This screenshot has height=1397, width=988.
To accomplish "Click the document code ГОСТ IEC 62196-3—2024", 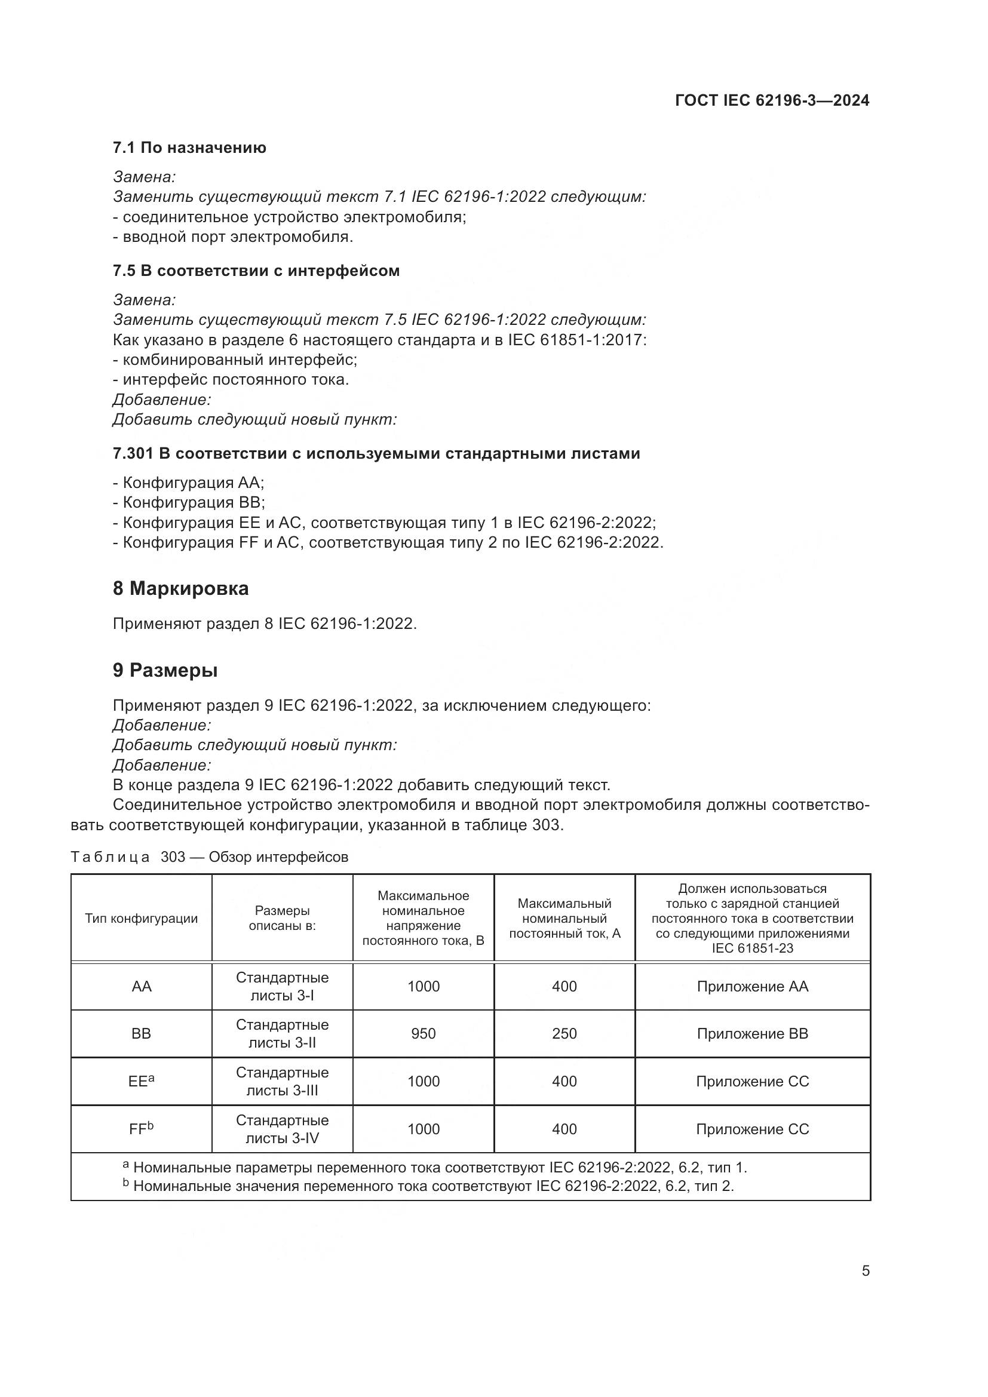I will (771, 100).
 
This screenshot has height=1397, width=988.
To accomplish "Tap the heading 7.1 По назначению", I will (189, 148).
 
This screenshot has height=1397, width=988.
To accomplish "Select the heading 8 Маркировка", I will (180, 588).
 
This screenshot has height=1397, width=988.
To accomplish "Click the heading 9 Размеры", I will (165, 670).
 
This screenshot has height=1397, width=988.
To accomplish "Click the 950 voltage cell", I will (423, 1033).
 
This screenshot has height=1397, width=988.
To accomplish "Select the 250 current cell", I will (564, 1033).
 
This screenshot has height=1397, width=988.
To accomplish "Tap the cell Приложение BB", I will (752, 1033).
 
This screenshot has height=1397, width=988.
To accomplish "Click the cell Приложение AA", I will (752, 986).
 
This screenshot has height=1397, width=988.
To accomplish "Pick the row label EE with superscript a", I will (141, 1081).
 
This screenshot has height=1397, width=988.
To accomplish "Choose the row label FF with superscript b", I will (141, 1129).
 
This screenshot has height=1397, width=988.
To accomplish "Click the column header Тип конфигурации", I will (141, 918).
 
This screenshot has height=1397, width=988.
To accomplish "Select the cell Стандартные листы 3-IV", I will (283, 1129).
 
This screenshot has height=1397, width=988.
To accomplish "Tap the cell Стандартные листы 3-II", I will (283, 1033).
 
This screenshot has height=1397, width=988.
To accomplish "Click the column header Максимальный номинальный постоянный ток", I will (564, 918).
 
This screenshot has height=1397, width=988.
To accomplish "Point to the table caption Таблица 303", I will (209, 856).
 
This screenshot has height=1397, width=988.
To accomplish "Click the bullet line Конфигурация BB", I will (189, 502).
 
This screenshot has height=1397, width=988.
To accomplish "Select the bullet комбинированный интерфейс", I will (235, 360).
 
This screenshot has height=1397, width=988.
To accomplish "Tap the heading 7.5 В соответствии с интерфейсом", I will (256, 271).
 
